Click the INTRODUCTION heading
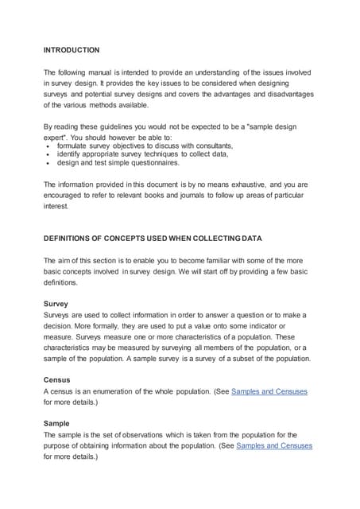[72, 50]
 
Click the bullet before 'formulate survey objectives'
[48, 146]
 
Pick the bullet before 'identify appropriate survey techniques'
[48, 155]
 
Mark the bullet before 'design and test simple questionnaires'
[48, 164]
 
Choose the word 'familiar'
[211, 260]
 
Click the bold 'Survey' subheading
[56, 304]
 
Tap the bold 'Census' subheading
[57, 380]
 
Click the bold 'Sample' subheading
[56, 424]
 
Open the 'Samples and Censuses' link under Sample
[274, 446]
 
